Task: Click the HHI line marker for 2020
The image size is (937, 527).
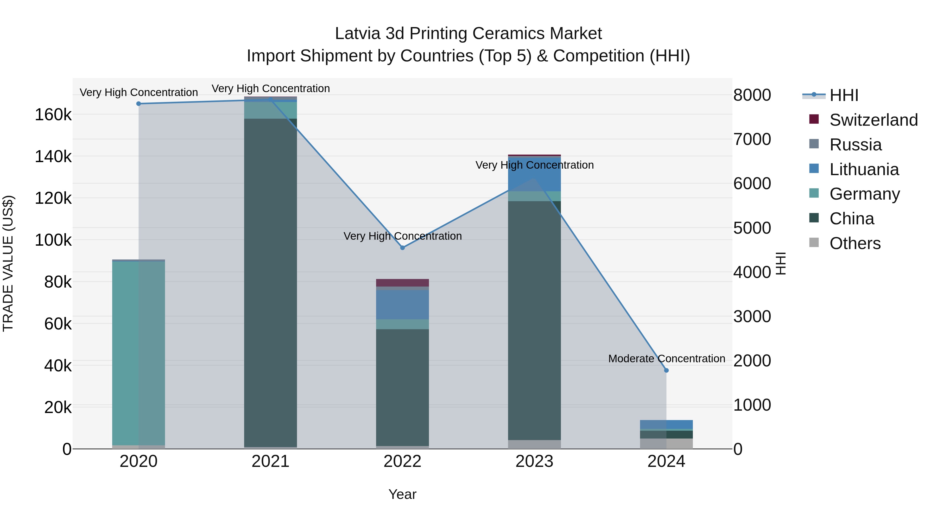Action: (138, 104)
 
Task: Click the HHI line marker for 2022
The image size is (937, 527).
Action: (402, 248)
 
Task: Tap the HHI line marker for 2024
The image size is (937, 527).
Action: (666, 370)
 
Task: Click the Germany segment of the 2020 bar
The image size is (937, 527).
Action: (138, 353)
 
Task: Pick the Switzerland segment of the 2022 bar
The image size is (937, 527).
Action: (402, 283)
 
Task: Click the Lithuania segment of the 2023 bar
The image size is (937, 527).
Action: (534, 174)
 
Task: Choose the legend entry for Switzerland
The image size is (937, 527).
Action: (873, 120)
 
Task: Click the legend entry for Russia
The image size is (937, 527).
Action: (855, 145)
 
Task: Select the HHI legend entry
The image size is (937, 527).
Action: (844, 95)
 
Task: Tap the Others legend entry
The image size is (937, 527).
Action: (854, 243)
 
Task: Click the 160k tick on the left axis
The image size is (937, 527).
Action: (53, 115)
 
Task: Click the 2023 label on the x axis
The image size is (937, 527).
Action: (534, 461)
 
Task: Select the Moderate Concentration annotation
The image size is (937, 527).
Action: (666, 359)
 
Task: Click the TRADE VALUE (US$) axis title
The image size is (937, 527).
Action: (8, 263)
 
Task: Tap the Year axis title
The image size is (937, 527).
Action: (402, 494)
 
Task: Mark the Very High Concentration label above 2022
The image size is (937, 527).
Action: (402, 236)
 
